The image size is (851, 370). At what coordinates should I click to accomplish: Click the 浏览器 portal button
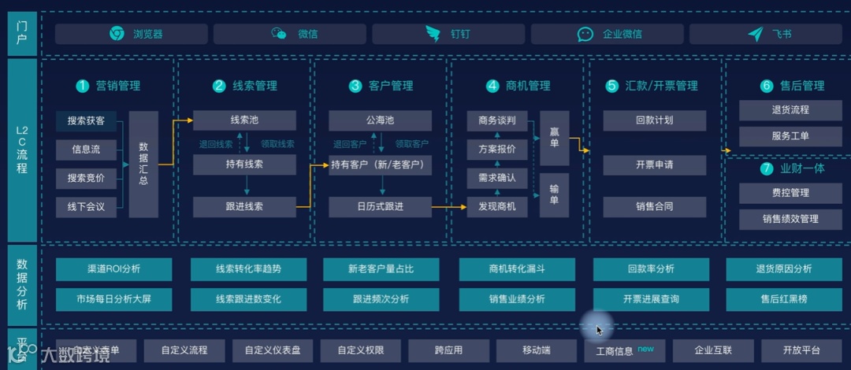(132, 34)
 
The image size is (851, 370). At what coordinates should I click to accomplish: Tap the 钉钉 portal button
(448, 34)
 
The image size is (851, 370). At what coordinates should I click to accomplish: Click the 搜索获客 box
(86, 121)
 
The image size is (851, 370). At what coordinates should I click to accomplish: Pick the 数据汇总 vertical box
(143, 164)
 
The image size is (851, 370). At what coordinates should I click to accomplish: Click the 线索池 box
(244, 120)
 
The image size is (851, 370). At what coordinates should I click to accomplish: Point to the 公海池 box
(380, 120)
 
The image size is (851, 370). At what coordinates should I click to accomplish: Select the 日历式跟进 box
(380, 207)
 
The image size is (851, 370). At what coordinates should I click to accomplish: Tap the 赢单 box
(554, 138)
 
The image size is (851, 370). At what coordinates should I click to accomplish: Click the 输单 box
(554, 194)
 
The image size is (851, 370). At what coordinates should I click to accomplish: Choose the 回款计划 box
(655, 120)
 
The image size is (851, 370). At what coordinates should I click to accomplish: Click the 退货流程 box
(790, 110)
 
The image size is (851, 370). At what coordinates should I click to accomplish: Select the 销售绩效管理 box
(790, 219)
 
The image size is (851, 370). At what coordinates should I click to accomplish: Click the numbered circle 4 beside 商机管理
(492, 86)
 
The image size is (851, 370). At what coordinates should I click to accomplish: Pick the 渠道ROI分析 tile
(113, 269)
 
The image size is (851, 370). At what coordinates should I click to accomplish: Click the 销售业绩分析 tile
(517, 299)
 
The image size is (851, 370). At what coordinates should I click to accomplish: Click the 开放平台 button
(801, 350)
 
